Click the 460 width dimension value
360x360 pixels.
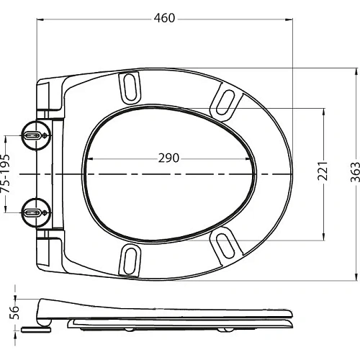pos(164,17)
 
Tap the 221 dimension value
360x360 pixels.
pos(323,171)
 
